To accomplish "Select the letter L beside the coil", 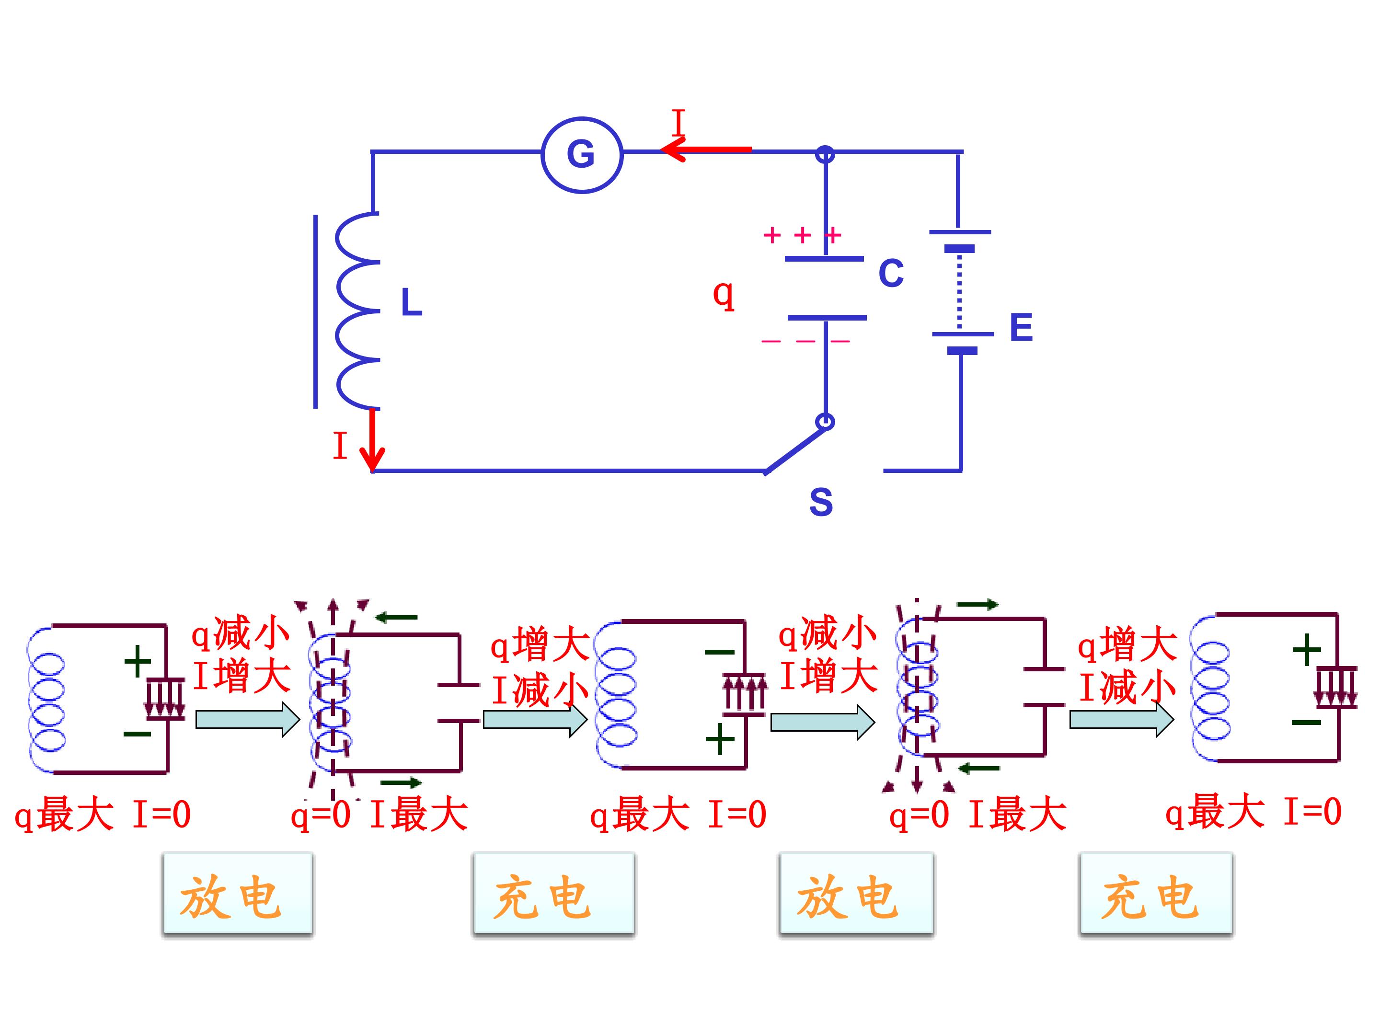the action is (412, 302).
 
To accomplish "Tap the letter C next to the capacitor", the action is (891, 273).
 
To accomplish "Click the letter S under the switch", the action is (821, 502).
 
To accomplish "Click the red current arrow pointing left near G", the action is (706, 149).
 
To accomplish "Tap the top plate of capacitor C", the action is (824, 258).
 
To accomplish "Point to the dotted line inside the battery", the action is (959, 291).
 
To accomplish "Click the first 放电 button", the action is (237, 893).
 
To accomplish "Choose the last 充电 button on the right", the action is (1156, 893).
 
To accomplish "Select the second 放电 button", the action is (856, 893).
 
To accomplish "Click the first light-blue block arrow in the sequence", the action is (248, 719).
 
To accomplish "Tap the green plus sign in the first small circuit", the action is (138, 661).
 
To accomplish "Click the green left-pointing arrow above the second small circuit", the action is (396, 618).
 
